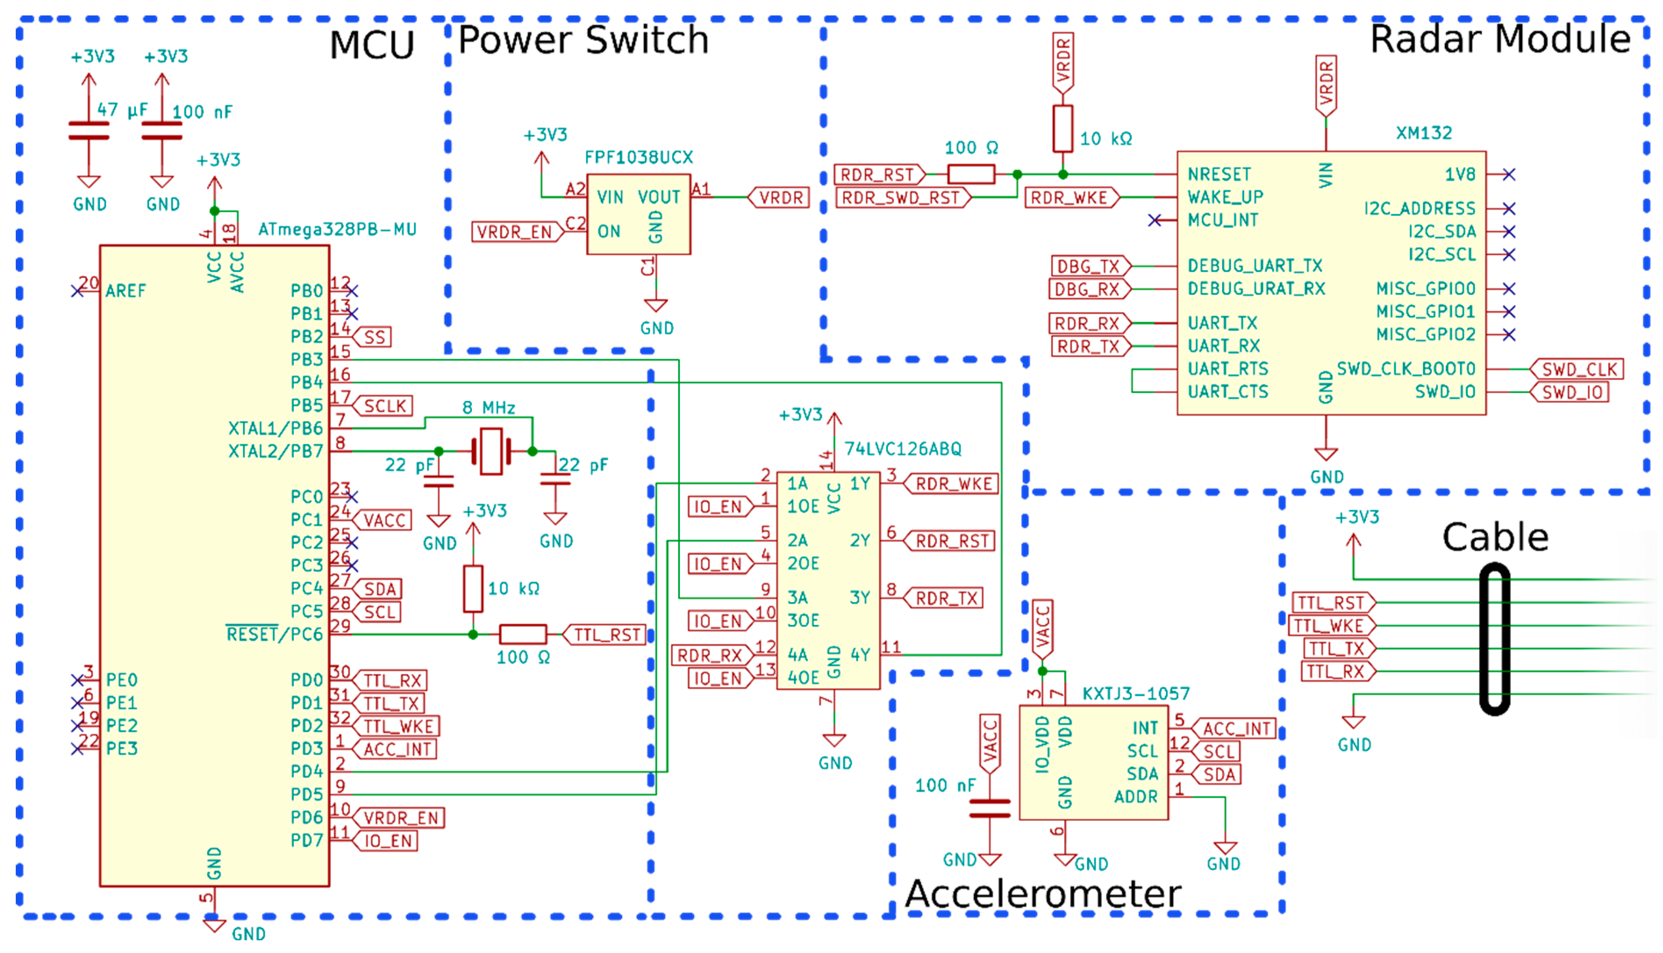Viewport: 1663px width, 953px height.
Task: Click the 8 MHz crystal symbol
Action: click(491, 451)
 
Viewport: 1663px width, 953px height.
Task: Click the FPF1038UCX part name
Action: click(638, 157)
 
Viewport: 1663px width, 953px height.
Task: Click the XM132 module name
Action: click(1423, 133)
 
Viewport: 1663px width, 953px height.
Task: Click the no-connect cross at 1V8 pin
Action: click(1509, 174)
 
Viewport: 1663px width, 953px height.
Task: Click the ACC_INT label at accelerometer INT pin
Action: click(1235, 728)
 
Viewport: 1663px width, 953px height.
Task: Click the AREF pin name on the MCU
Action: click(126, 291)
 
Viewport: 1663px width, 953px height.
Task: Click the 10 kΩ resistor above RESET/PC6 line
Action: click(473, 589)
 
